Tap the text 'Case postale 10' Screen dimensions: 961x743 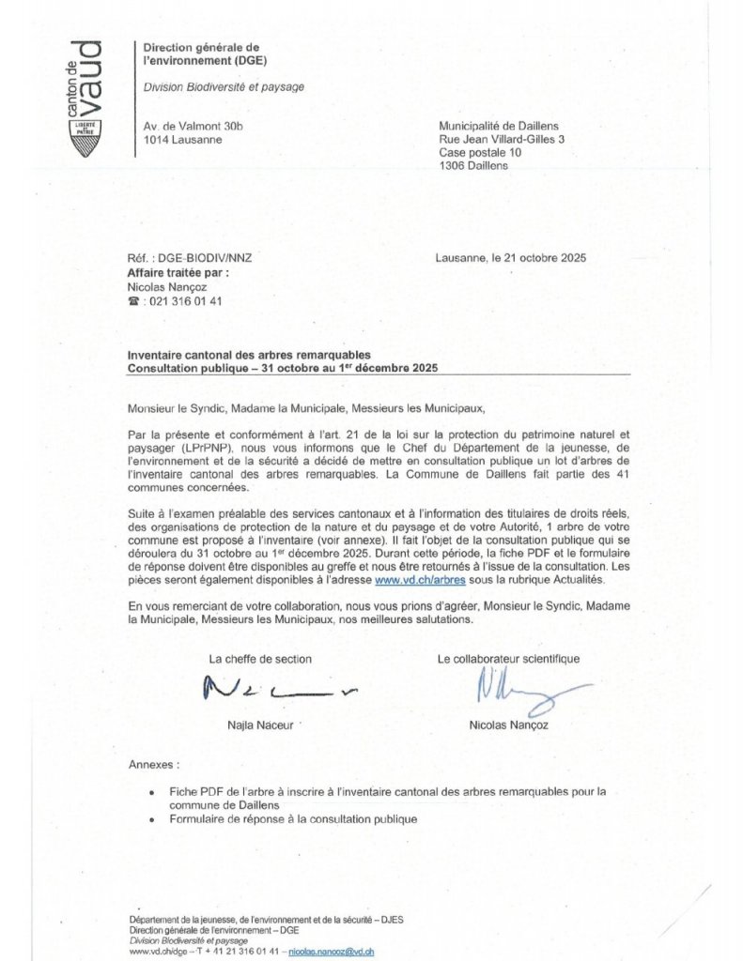click(480, 152)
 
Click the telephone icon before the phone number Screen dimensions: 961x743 click(133, 301)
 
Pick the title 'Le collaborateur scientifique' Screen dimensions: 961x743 click(508, 659)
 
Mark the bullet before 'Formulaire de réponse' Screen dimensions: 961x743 click(152, 819)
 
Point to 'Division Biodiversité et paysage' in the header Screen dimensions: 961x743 click(224, 87)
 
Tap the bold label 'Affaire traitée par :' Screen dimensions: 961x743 click(178, 272)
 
